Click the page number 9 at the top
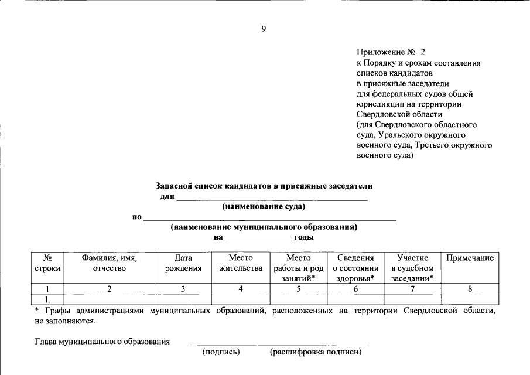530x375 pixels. coord(264,29)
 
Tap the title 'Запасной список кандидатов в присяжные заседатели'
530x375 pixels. coord(264,186)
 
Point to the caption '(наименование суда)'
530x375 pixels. coord(264,206)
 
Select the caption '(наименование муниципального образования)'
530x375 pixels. coord(264,227)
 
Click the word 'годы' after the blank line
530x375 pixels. coord(304,237)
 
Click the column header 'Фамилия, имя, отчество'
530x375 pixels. coord(110,263)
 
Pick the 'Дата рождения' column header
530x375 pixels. coord(183,263)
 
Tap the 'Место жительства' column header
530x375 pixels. coord(240,263)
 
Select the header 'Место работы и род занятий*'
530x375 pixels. coord(298,268)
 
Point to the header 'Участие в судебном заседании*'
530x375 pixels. coord(412,268)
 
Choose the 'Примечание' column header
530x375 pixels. coord(470,258)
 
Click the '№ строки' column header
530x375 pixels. coord(47,263)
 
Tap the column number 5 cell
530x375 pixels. coord(298,288)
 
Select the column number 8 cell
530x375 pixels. coord(470,288)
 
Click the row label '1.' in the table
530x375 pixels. coord(47,299)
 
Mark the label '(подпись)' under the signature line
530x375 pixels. coord(221,352)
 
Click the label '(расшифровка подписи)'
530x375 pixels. coord(316,352)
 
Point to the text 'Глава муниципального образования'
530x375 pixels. coord(102,341)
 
